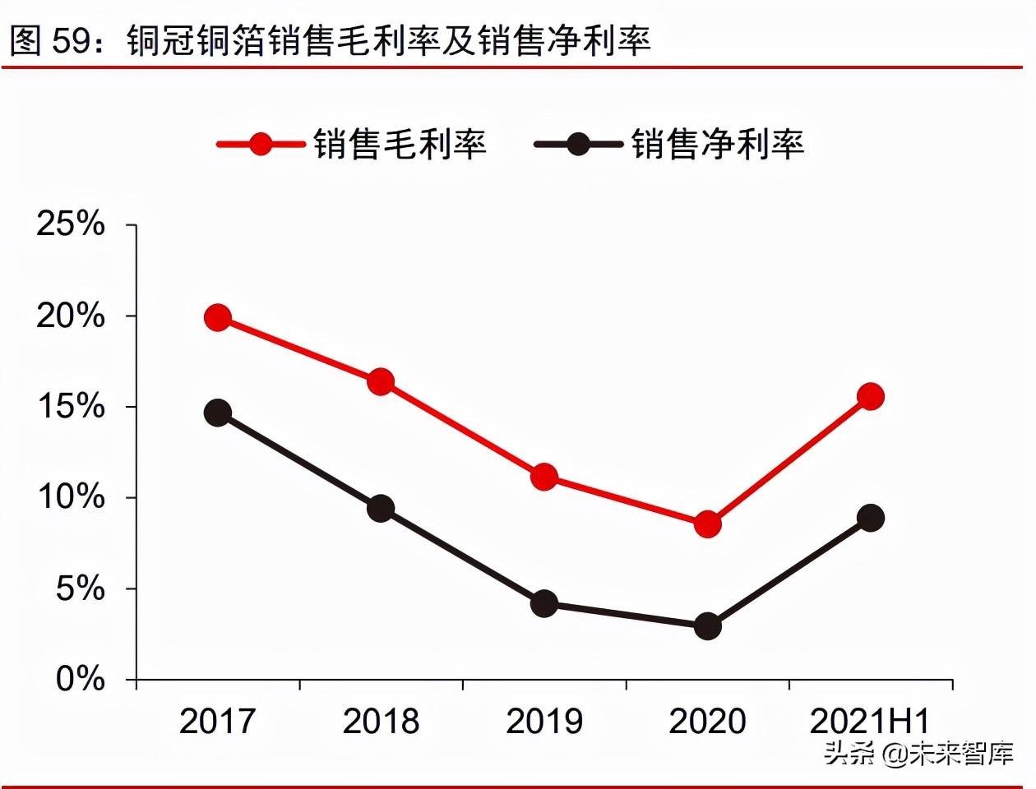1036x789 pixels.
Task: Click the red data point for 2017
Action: (218, 317)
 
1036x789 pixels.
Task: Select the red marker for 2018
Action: (381, 381)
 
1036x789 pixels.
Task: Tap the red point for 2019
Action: (544, 477)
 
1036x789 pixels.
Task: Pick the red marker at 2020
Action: (707, 524)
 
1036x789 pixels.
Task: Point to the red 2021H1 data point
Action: (870, 396)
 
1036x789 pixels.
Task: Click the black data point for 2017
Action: (218, 413)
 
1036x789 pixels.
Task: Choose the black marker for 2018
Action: (381, 509)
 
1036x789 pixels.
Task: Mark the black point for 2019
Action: (544, 604)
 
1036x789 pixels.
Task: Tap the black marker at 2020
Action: (707, 626)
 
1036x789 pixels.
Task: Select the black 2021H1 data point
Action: (870, 518)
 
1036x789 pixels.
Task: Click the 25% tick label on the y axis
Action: (71, 224)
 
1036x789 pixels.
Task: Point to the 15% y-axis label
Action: (71, 406)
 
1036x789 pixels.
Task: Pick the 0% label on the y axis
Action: (81, 679)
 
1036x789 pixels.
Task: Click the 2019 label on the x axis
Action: (544, 722)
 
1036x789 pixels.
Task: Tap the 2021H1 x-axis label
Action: (870, 722)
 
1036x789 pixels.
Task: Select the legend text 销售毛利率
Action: (400, 145)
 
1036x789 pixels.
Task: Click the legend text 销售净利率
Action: (718, 145)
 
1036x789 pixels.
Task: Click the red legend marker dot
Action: (261, 145)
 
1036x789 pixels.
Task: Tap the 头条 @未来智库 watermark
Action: (919, 753)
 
